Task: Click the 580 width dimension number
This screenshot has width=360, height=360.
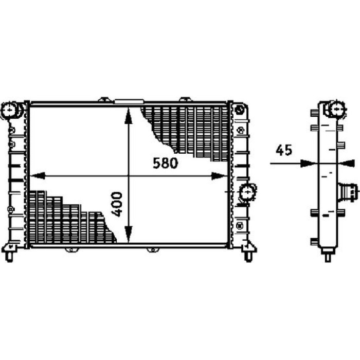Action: pos(165,163)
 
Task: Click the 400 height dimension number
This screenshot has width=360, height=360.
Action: pos(117,204)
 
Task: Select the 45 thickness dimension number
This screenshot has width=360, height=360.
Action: pos(284,150)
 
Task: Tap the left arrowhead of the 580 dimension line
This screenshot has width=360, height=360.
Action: pos(37,176)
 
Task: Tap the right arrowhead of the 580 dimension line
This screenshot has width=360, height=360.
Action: pos(219,176)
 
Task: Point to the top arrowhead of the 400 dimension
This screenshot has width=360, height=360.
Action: pos(129,116)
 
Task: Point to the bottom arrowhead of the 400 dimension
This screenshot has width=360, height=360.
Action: pos(129,234)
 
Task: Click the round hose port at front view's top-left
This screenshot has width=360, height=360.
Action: pos(11,110)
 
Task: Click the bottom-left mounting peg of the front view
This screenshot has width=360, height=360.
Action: pos(9,254)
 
